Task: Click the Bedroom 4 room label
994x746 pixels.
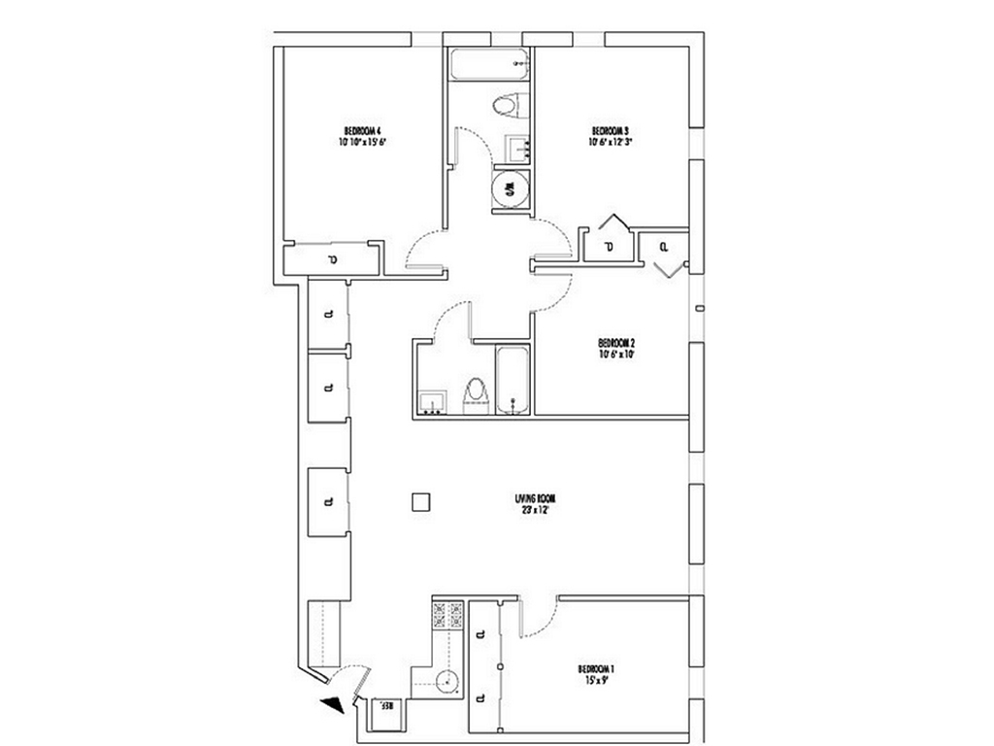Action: (363, 130)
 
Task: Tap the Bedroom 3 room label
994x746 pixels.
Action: (612, 130)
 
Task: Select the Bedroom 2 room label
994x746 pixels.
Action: (616, 343)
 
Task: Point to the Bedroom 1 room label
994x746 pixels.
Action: (597, 668)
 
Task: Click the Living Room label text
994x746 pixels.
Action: (535, 498)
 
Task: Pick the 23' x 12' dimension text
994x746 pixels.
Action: (535, 510)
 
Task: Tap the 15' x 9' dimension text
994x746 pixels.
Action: (597, 681)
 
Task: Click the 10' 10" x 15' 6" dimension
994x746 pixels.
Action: (363, 142)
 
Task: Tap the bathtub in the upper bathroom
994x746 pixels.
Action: (489, 66)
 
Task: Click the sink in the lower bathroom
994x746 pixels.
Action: (432, 401)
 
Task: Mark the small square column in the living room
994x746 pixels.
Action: (419, 501)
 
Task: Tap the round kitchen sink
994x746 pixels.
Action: (446, 680)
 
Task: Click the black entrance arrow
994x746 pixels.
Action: (332, 706)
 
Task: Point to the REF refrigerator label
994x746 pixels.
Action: (384, 706)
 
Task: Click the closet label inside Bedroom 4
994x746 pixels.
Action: (332, 259)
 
